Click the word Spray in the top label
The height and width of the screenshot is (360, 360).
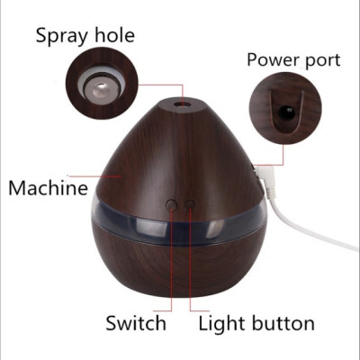point(62,36)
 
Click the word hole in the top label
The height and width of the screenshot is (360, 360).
point(115,35)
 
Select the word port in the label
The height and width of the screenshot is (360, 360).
point(321,60)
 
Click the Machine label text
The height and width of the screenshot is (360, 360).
point(49,188)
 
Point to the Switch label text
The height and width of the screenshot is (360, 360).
point(136,323)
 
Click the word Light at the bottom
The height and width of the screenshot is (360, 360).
point(222,324)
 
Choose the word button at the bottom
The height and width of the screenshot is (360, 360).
point(283,323)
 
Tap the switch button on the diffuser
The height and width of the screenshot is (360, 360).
point(171,205)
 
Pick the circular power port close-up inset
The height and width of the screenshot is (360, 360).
point(286,108)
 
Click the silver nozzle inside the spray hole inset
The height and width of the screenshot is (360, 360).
point(99,91)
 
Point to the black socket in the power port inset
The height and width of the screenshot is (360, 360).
point(285,112)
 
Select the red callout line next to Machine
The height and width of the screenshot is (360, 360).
point(94,175)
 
